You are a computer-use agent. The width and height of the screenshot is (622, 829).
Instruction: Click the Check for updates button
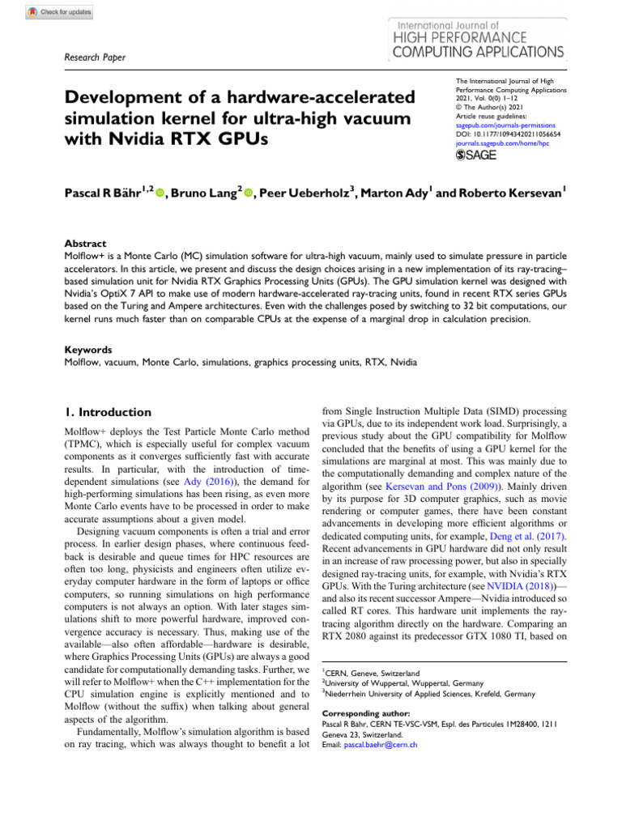pos(60,13)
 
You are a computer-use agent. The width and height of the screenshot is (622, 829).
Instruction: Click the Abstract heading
pos(85,242)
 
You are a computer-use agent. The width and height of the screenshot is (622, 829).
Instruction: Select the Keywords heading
pos(88,351)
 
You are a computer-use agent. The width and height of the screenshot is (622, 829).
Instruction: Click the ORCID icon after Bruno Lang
pos(249,193)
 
